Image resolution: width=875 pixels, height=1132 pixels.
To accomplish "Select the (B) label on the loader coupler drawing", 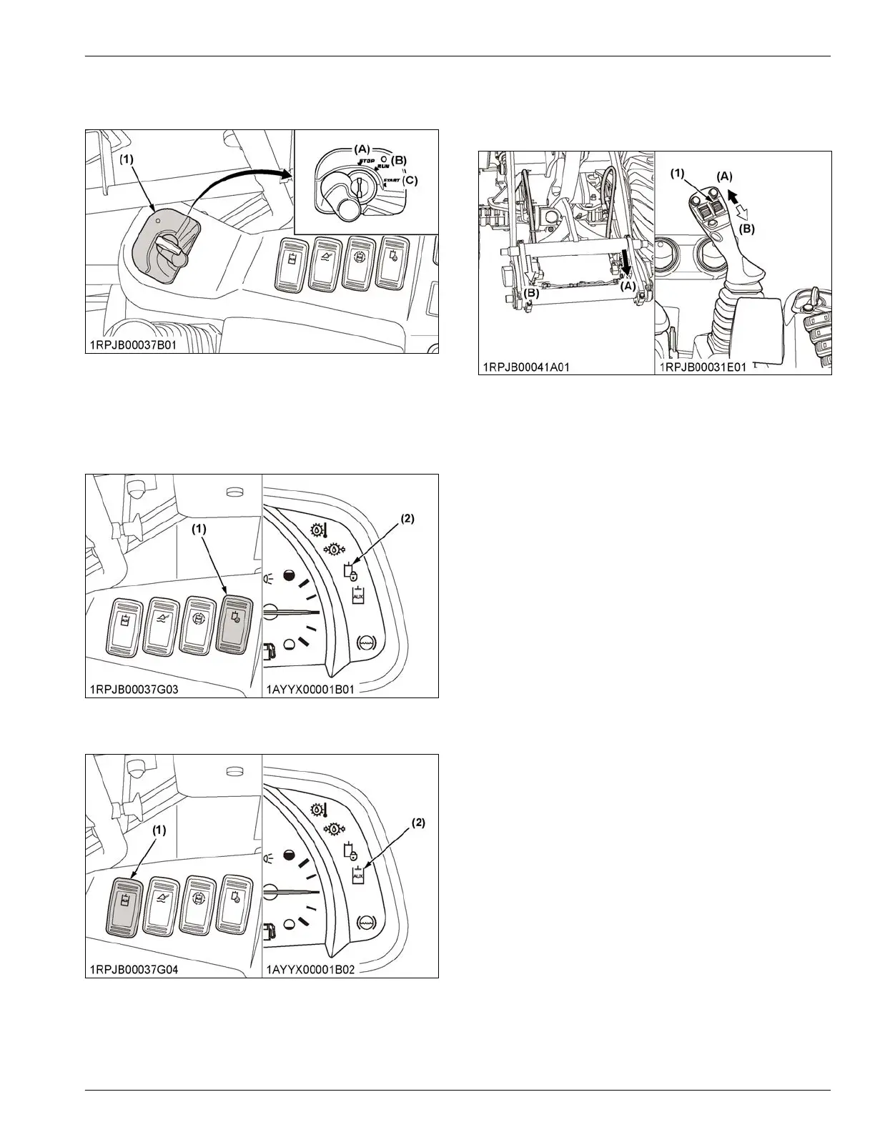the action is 531,293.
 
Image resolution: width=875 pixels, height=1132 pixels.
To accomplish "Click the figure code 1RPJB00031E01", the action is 705,367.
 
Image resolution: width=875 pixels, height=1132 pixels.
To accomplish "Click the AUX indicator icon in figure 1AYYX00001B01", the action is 358,595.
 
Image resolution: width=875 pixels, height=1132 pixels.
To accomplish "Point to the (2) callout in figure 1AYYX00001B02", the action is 417,823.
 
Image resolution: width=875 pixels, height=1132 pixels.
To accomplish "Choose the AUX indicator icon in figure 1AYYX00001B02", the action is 358,875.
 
